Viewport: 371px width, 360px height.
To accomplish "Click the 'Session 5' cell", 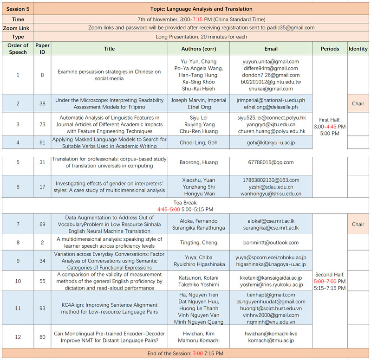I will [x=18, y=9].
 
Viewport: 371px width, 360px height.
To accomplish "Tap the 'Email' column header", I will [x=271, y=49].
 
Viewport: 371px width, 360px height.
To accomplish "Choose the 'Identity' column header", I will [x=358, y=49].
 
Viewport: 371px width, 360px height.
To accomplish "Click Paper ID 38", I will [x=42, y=103].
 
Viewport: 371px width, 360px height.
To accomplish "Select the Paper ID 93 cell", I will [x=42, y=308].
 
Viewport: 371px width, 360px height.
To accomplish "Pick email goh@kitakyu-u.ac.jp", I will [x=271, y=143].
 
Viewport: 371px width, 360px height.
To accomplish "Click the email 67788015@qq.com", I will [x=271, y=162].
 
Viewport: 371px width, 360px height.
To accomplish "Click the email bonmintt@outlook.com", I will [x=271, y=243].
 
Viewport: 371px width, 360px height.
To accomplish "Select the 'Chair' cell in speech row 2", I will [x=358, y=103].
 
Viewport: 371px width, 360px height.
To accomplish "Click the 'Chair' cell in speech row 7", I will [x=358, y=225].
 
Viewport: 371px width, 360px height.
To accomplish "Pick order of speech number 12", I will [x=18, y=337].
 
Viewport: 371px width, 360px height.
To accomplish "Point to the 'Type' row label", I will [x=18, y=37].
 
